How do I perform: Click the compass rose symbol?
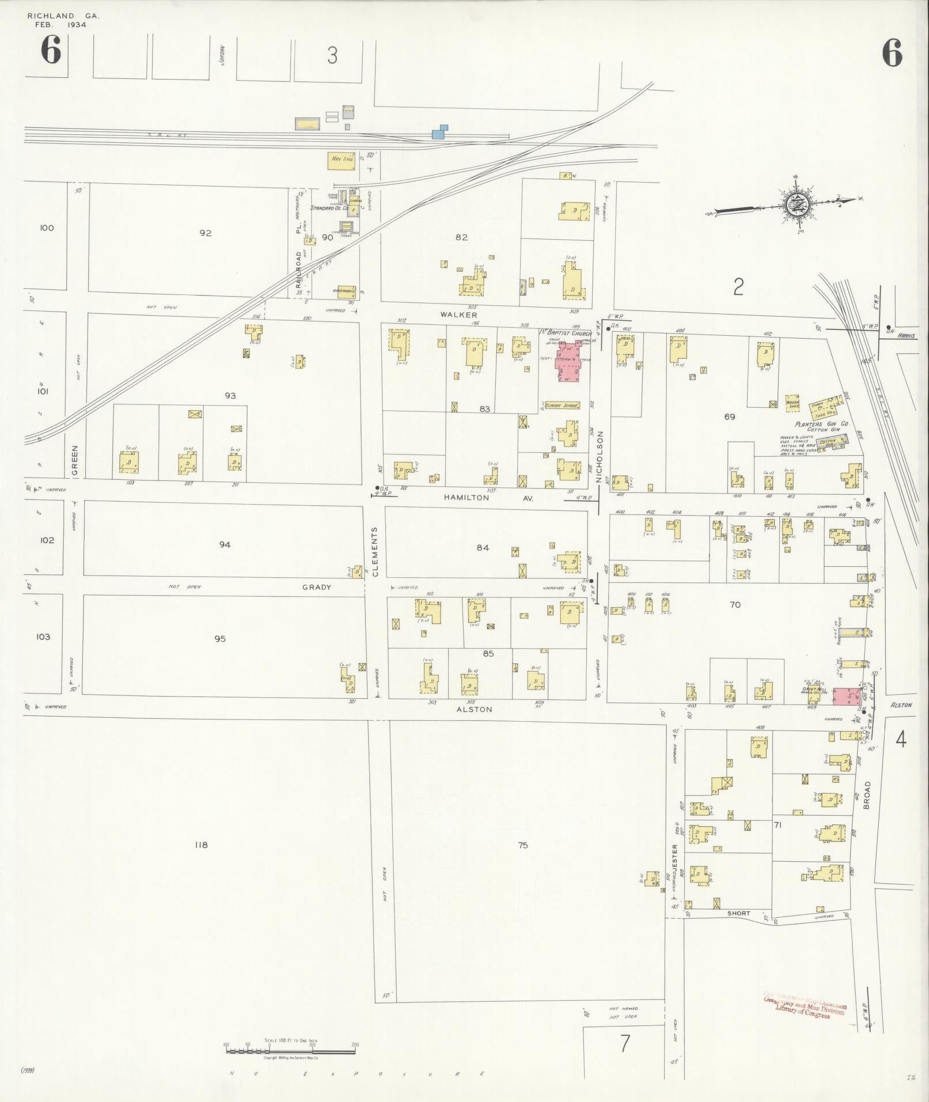(x=796, y=203)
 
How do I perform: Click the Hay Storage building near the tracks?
(x=342, y=160)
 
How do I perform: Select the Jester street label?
(x=674, y=858)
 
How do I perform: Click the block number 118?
(x=201, y=845)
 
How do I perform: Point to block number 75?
(x=522, y=846)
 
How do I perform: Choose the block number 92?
(x=205, y=233)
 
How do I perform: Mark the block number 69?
(x=730, y=416)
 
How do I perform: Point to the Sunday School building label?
(x=561, y=406)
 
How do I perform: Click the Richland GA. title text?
(x=63, y=16)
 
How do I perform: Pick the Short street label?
(x=738, y=914)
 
